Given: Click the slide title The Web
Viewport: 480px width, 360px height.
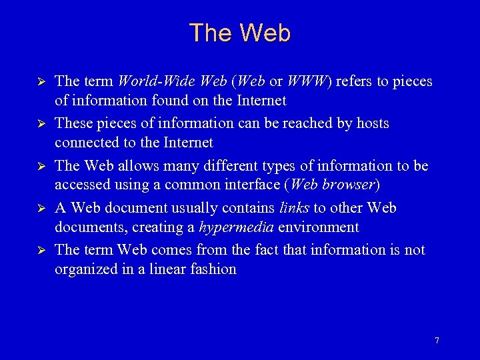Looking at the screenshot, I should pyautogui.click(x=240, y=33).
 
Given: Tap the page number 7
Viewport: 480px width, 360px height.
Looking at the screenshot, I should pyautogui.click(x=437, y=341).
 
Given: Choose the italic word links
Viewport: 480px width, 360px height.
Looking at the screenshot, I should pyautogui.click(x=294, y=208).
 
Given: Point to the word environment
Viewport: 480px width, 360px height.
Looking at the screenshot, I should pyautogui.click(x=318, y=227).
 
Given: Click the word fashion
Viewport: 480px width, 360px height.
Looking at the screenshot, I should pyautogui.click(x=217, y=269).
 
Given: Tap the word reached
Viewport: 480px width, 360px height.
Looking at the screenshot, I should pyautogui.click(x=306, y=123).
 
